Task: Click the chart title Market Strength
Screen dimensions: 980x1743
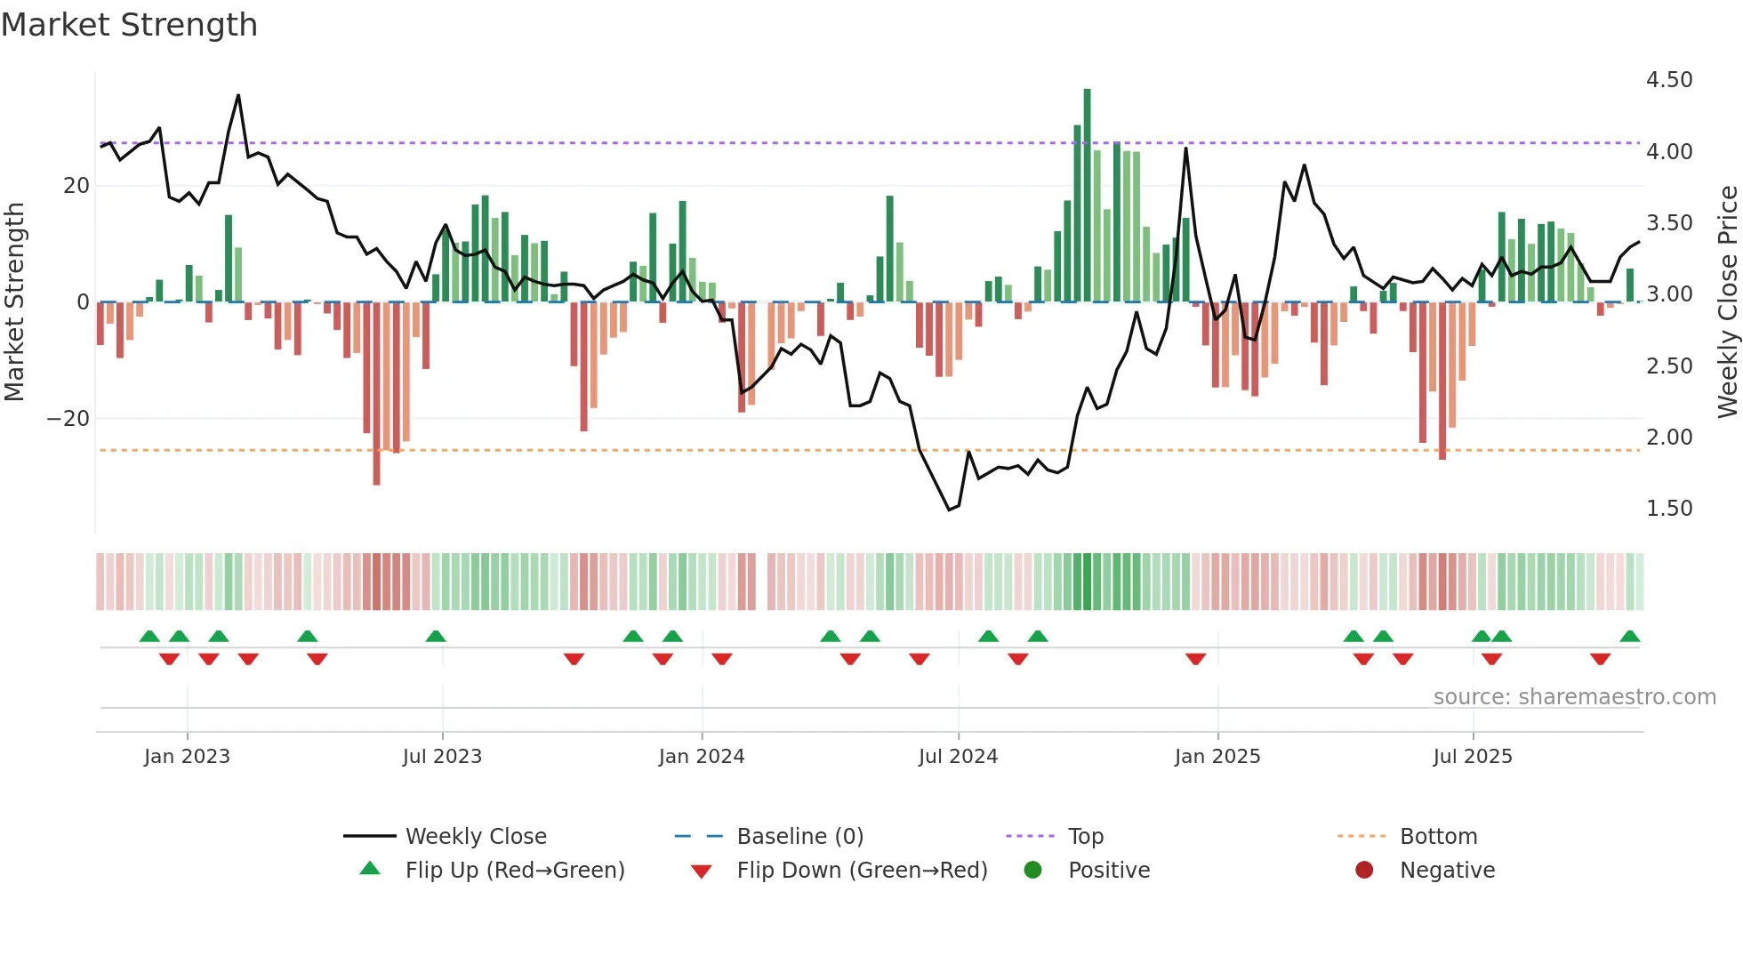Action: coord(130,25)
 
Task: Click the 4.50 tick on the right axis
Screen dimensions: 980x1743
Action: coord(1668,80)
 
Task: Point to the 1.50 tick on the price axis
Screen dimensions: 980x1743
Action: coord(1668,509)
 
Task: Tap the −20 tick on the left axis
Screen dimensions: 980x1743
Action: coord(68,419)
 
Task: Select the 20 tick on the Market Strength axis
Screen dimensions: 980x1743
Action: coord(76,186)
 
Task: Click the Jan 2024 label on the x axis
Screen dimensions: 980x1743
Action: coord(701,757)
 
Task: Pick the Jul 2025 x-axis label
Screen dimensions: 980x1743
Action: coord(1472,757)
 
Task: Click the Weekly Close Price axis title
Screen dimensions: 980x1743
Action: coord(1727,302)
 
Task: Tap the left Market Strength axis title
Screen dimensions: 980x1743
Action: coord(15,302)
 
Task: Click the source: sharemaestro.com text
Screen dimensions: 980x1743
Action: coord(1574,697)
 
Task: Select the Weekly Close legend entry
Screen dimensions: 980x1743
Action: coord(475,837)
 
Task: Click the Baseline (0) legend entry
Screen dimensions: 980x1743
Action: coord(799,837)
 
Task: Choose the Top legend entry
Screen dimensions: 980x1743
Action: coord(1085,837)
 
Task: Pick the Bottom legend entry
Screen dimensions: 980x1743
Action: coord(1438,837)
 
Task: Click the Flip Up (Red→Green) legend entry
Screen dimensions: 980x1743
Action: coord(514,871)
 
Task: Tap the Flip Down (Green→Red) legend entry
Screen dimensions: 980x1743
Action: coord(861,871)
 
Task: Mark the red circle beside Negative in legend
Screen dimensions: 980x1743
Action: coord(1364,871)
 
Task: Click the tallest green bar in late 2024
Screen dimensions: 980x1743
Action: coord(1087,196)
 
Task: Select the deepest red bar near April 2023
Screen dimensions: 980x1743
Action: coord(376,396)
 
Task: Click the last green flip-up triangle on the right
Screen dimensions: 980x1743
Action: coord(1629,637)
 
